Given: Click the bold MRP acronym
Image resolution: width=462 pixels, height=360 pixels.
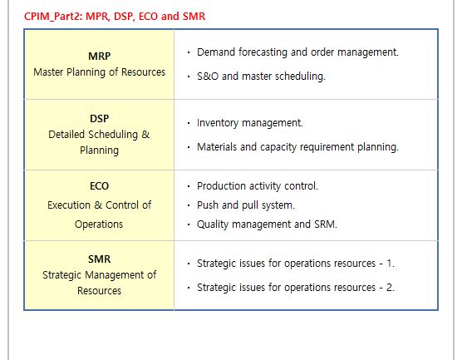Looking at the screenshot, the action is point(99,56).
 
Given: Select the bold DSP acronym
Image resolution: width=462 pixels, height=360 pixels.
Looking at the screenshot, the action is point(99,119).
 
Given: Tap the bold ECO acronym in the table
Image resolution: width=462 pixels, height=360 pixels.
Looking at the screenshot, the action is point(99,186).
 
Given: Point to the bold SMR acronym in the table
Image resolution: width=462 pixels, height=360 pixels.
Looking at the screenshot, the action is point(99,259).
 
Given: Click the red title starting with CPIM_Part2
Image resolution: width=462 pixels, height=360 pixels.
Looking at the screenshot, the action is point(115,17).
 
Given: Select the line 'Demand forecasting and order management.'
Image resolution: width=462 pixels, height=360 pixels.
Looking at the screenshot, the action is point(297,52).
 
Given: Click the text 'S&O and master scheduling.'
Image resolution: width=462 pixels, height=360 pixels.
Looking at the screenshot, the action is point(261,76).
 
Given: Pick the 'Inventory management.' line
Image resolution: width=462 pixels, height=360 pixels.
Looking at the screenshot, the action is point(250,123).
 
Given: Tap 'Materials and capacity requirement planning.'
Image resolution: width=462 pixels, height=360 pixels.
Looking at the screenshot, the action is point(297,147).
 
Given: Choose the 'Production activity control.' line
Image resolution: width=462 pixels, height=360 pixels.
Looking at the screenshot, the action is point(258,186).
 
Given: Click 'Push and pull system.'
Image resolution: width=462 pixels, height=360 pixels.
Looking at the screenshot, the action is point(246,205).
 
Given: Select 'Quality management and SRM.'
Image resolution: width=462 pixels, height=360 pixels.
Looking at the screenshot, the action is point(267,224).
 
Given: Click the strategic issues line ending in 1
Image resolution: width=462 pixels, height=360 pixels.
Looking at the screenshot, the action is point(296,264).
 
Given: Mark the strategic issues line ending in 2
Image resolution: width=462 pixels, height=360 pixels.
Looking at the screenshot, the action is point(296,288).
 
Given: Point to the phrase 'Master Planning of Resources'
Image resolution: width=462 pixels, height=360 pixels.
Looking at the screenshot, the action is point(99,72).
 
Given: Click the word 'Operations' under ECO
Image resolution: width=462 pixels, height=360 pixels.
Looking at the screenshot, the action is point(99,224).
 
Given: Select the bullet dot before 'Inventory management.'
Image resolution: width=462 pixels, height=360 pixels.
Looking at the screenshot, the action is point(189,123).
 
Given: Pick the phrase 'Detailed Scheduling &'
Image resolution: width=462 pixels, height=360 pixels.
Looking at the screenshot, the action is point(99,135).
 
